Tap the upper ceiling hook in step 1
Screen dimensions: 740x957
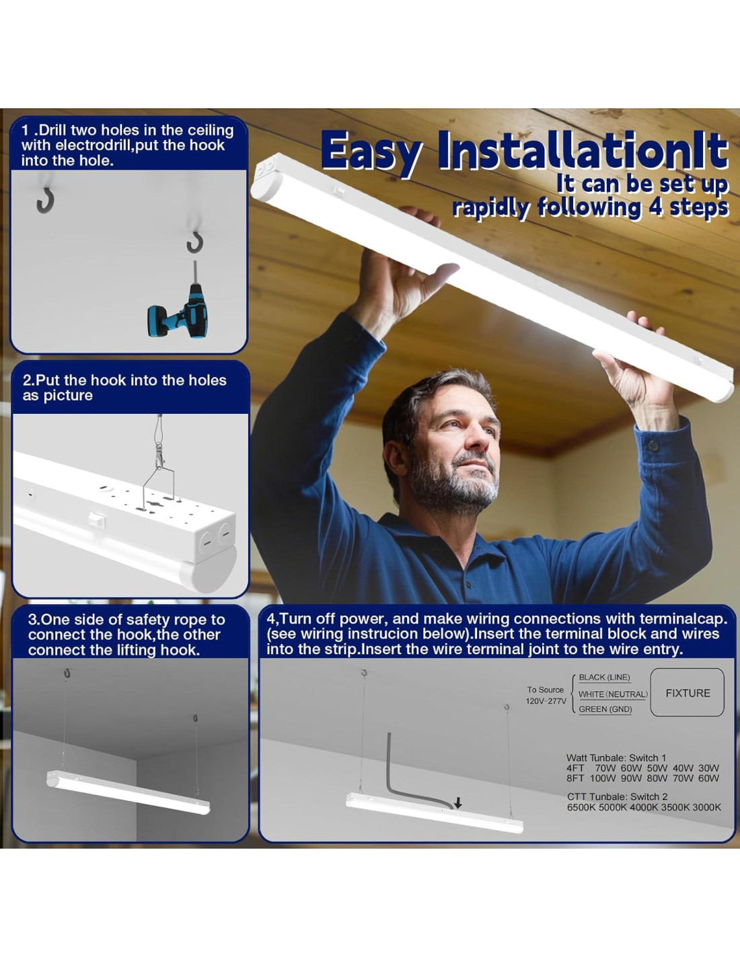click(x=45, y=201)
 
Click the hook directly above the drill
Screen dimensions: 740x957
click(x=194, y=243)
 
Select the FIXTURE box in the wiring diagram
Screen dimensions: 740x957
click(x=687, y=693)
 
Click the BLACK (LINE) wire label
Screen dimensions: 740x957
click(x=604, y=677)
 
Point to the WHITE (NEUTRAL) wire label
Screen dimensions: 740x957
click(x=613, y=694)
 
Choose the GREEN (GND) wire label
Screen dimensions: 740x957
click(x=605, y=709)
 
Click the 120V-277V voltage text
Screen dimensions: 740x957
click(x=546, y=701)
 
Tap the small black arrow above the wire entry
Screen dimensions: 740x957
click(x=458, y=804)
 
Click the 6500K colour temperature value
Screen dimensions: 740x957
click(x=581, y=808)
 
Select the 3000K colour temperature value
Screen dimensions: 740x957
click(x=706, y=808)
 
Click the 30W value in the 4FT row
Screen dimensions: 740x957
click(x=708, y=768)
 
